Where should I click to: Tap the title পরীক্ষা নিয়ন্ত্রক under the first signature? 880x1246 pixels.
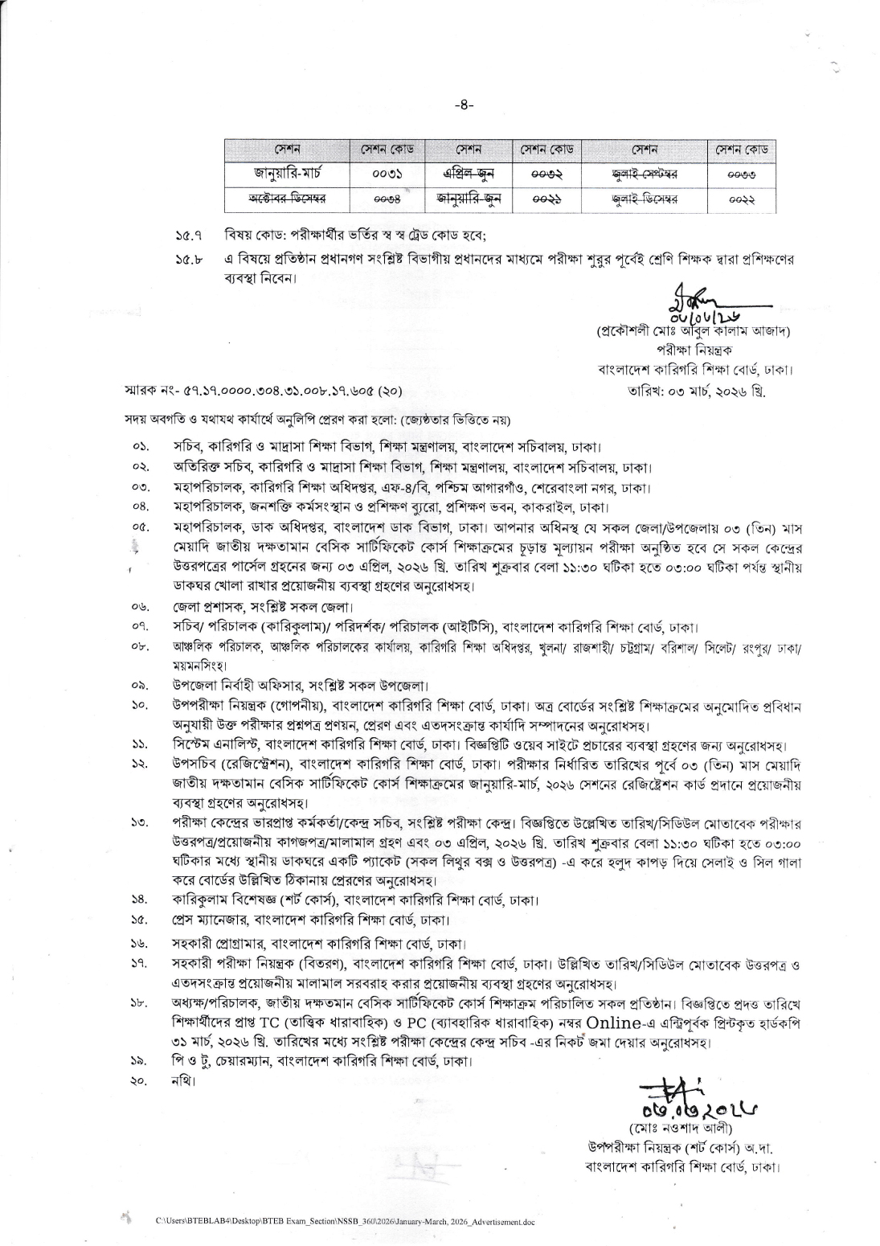[692, 350]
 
